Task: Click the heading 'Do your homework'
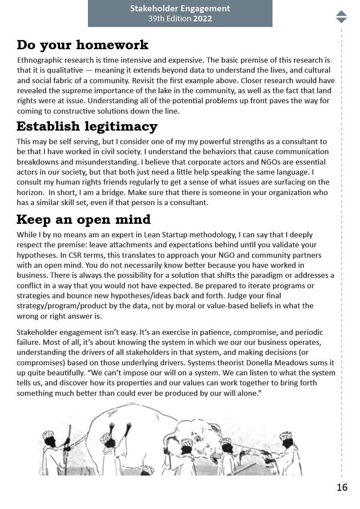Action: [82, 45]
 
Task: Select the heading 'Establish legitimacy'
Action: [87, 126]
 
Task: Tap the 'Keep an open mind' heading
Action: [84, 219]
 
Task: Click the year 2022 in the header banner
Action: [202, 19]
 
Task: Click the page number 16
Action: [342, 487]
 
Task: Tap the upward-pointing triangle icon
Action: [341, 13]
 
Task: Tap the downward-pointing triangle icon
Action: [341, 20]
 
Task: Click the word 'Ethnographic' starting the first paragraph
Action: [38, 60]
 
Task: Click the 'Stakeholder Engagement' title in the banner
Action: [180, 8]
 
